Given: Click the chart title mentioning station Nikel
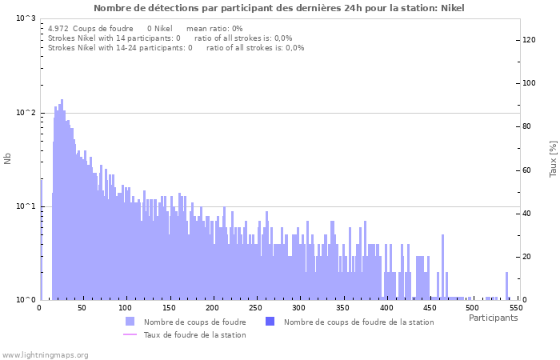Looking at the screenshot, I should pyautogui.click(x=278, y=8).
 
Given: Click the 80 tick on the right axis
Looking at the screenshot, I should pyautogui.click(x=527, y=126).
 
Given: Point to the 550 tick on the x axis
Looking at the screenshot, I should pyautogui.click(x=516, y=308).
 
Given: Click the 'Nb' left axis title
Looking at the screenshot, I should pyautogui.click(x=8, y=159).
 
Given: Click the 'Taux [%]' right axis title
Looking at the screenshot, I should pyautogui.click(x=553, y=159).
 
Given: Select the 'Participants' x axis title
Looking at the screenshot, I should pyautogui.click(x=493, y=318).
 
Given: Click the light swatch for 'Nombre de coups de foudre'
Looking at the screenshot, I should pyautogui.click(x=130, y=322).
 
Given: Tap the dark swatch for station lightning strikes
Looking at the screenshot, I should pyautogui.click(x=270, y=322).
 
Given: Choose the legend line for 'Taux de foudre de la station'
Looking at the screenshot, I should pyautogui.click(x=130, y=334).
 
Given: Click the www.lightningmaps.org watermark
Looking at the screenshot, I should pyautogui.click(x=45, y=354).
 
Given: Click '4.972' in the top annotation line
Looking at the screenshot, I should pyautogui.click(x=58, y=28).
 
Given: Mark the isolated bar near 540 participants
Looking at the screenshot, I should pyautogui.click(x=506, y=286).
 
